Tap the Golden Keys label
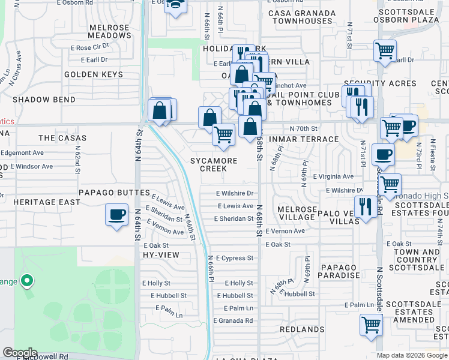coord(93,74)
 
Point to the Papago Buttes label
coord(114,193)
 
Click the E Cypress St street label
coord(235,258)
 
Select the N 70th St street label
coord(303,128)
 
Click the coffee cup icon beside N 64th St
coord(117,214)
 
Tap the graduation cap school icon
coord(176,5)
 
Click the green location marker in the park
coord(26,280)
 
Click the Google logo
coord(20,353)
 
